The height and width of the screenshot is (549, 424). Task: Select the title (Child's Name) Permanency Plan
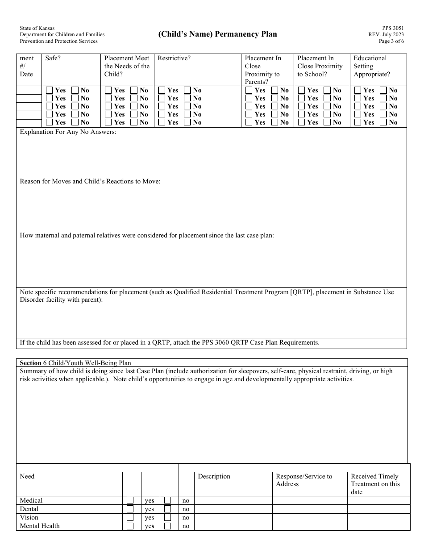click(217, 34)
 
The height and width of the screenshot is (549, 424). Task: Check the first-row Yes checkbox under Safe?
click(50, 90)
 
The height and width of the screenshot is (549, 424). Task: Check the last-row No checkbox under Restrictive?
click(187, 122)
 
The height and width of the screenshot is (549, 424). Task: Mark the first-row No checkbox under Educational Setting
click(383, 90)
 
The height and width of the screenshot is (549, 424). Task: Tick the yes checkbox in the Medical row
click(130, 500)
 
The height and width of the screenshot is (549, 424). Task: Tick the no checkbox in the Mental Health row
click(167, 526)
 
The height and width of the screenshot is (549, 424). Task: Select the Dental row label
click(29, 509)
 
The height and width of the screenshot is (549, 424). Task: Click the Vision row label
click(29, 517)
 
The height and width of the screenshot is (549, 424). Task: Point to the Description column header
click(214, 477)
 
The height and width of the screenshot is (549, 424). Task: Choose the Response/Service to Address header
click(304, 480)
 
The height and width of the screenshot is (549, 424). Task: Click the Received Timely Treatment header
click(375, 484)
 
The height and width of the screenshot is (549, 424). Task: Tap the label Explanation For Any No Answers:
click(68, 133)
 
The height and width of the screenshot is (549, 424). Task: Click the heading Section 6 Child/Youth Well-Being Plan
click(75, 363)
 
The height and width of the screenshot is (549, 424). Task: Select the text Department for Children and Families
click(62, 34)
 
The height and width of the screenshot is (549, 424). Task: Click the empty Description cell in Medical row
click(233, 500)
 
